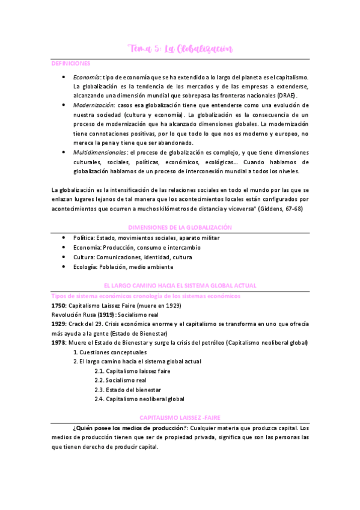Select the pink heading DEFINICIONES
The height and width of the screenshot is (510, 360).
coord(71,63)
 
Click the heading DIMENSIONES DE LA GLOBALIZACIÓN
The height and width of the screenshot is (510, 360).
coord(180,227)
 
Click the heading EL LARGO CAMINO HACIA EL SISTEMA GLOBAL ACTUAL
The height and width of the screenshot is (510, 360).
coord(180,284)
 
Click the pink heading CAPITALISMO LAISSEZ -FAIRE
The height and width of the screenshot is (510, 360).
coord(180,417)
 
